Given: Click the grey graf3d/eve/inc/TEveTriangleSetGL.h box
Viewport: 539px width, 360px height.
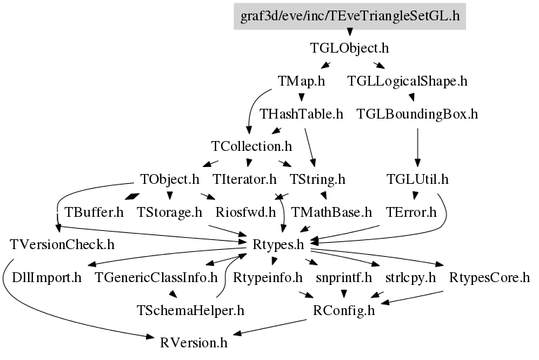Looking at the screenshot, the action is coord(350,16).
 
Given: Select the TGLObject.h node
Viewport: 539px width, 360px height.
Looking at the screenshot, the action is coord(350,48).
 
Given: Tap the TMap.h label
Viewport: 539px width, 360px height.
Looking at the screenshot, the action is coord(301,81).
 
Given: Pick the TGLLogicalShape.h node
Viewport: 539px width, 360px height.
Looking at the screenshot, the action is coord(407,81).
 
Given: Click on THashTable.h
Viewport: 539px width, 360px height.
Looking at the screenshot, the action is coord(301,114).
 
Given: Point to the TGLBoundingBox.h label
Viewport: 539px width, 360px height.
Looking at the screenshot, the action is coord(418,114).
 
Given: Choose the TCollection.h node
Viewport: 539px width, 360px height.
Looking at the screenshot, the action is coord(251,147).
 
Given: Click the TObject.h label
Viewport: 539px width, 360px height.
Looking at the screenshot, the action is coord(169,180).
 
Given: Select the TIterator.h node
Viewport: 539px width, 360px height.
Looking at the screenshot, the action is coord(244,180).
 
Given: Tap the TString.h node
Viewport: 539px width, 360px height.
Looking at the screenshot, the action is coord(317,180).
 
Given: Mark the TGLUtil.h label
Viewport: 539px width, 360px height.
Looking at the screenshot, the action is coord(418,180).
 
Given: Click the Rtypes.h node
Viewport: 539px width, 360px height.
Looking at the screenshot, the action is coord(278,245).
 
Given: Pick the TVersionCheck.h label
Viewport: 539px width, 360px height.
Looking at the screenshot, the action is coord(62,245).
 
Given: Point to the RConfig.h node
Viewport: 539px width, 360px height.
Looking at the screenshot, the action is coord(344,310).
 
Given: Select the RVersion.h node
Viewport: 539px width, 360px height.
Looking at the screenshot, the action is coord(194,343).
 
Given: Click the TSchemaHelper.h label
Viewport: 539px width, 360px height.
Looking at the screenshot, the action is coord(190,310).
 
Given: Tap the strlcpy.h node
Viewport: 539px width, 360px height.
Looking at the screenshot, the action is coord(411,277).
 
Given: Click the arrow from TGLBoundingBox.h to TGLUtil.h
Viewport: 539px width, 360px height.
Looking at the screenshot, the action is coord(418,147).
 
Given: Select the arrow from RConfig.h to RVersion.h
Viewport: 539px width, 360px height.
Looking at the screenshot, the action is coord(270,327).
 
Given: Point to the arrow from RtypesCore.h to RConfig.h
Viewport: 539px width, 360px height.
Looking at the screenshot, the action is coord(412,298).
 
